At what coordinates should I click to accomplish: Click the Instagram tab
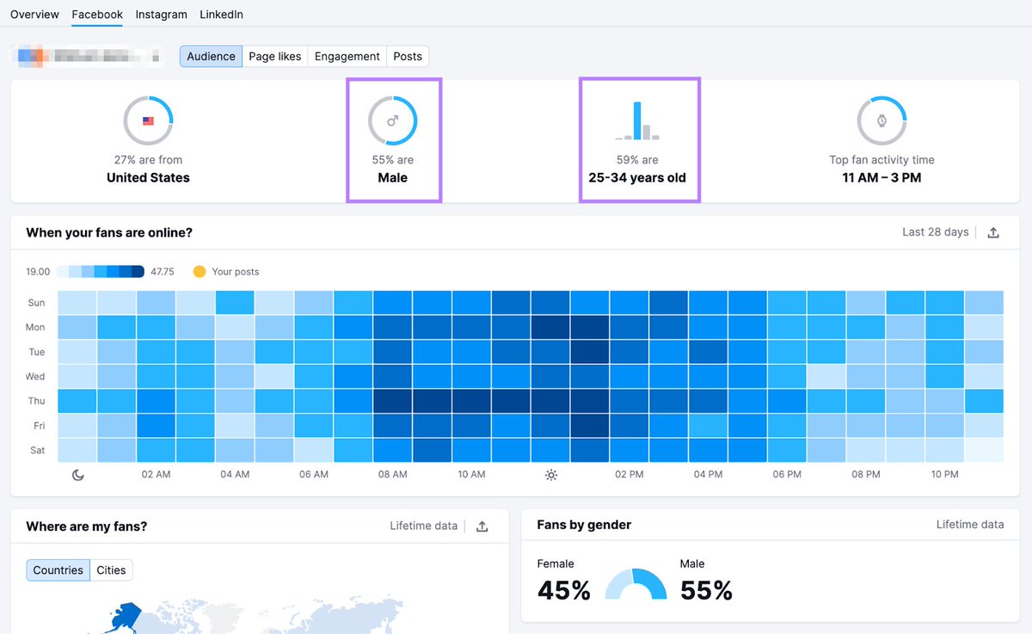point(161,15)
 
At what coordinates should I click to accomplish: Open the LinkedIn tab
point(221,15)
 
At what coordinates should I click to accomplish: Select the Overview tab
point(34,15)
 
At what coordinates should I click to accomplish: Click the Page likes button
point(274,57)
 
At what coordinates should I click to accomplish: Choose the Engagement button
point(347,57)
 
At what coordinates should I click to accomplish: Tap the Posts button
point(408,57)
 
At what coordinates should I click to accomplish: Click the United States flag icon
point(148,120)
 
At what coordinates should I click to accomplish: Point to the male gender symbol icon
point(393,120)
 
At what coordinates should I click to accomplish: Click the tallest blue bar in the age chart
point(637,120)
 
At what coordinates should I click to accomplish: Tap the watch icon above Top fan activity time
point(881,120)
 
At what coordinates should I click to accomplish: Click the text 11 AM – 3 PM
point(881,178)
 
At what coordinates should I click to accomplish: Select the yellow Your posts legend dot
point(200,272)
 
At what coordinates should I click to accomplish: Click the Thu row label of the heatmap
point(36,401)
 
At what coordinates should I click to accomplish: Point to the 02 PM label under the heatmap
point(630,475)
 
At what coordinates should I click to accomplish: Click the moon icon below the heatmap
point(78,475)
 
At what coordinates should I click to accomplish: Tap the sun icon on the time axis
point(551,475)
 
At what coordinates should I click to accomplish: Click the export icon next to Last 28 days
point(993,232)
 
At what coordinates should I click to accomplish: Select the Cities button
point(111,570)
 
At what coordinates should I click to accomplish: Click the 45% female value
point(564,590)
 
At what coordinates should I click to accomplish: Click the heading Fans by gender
point(584,525)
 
